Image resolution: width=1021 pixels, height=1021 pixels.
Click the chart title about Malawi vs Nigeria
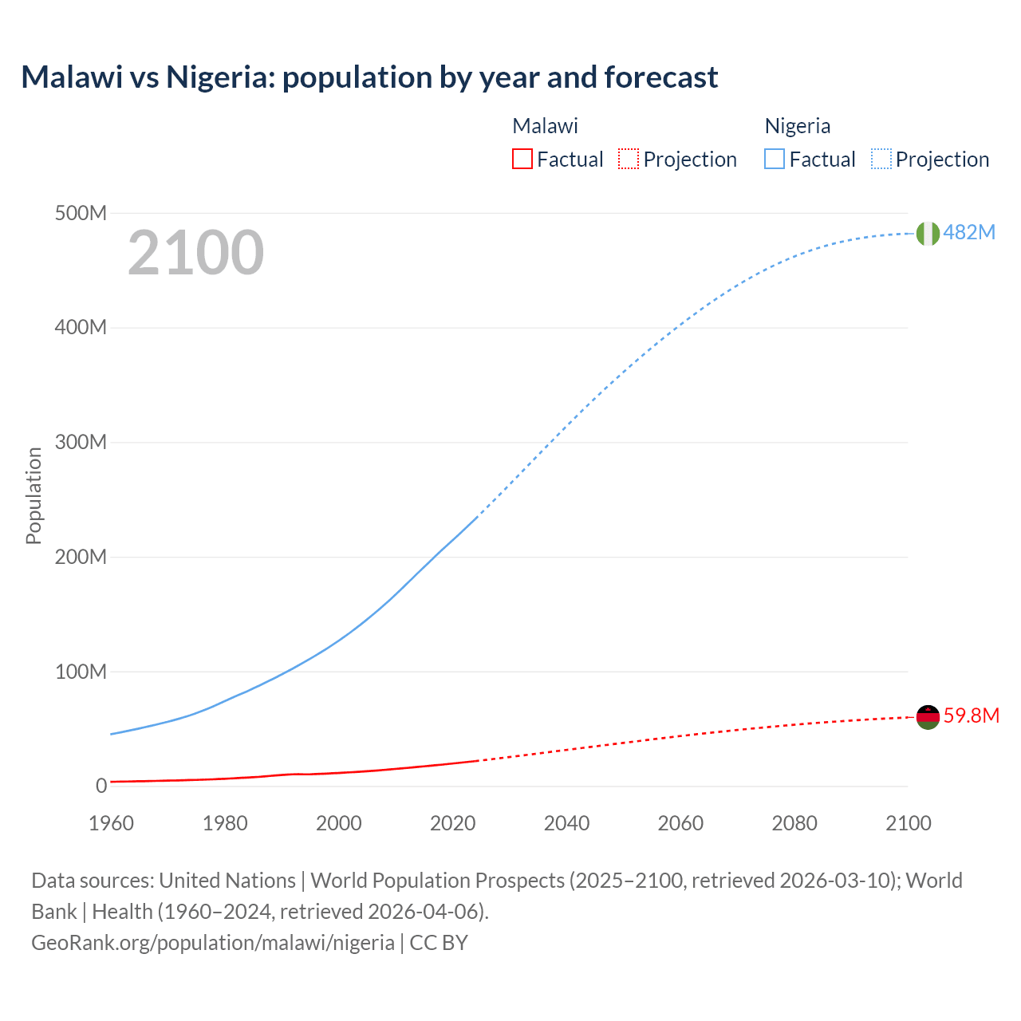click(x=369, y=77)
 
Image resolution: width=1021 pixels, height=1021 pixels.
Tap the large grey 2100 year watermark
click(x=195, y=253)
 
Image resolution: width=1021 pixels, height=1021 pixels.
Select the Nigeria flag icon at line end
click(x=928, y=233)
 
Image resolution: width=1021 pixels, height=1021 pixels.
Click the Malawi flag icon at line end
click(x=928, y=717)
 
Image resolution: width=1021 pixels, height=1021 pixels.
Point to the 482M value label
click(x=969, y=232)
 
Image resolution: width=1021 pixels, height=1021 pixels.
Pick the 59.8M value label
click(x=971, y=715)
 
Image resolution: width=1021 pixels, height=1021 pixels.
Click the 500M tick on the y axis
click(x=81, y=213)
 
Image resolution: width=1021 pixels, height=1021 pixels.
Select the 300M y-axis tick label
click(x=81, y=442)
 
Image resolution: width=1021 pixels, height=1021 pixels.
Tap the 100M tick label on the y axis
click(x=81, y=672)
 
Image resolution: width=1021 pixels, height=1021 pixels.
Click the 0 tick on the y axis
click(x=101, y=786)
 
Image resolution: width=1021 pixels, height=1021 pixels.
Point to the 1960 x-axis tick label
click(x=111, y=823)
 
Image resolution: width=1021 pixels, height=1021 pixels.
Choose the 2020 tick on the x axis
click(x=452, y=823)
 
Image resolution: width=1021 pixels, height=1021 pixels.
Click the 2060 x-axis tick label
click(x=680, y=823)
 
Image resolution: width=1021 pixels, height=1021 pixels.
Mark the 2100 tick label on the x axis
click(x=908, y=823)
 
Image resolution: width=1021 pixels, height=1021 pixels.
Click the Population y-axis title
click(x=34, y=495)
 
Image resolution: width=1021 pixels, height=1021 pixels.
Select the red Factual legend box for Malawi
click(x=522, y=160)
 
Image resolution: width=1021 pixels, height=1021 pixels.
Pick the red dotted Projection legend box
click(x=629, y=160)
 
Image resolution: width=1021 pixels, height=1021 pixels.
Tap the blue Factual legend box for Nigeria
click(x=775, y=160)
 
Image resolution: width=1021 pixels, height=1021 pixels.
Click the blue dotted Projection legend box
click(x=881, y=160)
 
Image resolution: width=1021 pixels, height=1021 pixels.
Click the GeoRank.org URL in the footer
click(x=213, y=943)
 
